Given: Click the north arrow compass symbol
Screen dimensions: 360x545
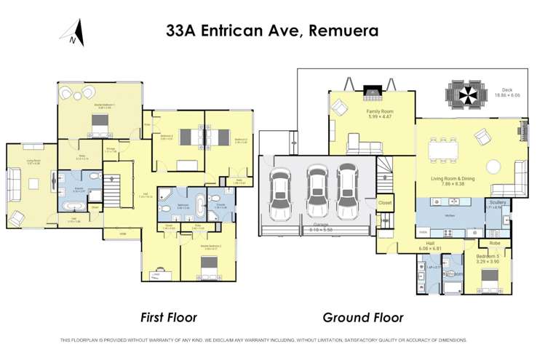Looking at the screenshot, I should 73,33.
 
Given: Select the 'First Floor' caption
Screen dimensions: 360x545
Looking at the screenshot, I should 168,317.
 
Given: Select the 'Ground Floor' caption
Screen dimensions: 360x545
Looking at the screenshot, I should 362,317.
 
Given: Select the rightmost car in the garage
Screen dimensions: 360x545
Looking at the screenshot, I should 349,190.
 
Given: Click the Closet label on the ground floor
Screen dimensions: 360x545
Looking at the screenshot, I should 385,203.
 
